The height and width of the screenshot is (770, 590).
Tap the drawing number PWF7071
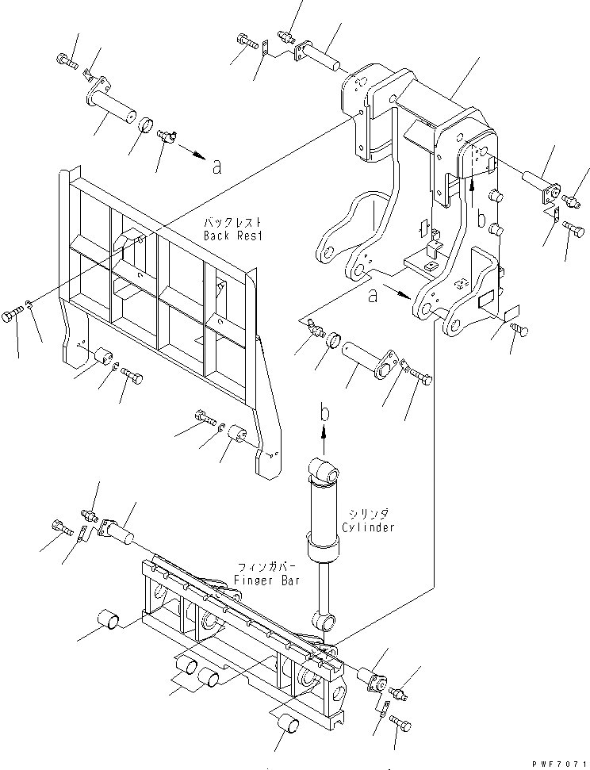coord(560,761)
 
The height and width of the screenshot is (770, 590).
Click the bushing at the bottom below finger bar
coord(288,723)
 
